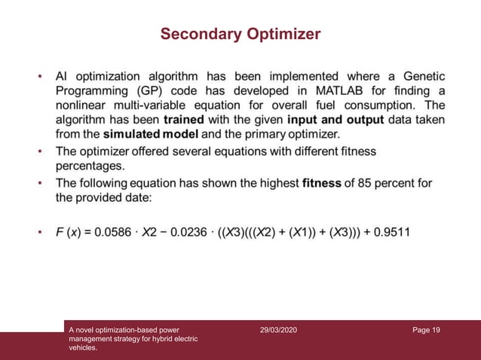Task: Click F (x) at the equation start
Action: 70,231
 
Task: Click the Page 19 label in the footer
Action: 426,329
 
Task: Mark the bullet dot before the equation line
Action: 40,232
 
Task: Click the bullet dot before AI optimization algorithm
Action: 40,77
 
